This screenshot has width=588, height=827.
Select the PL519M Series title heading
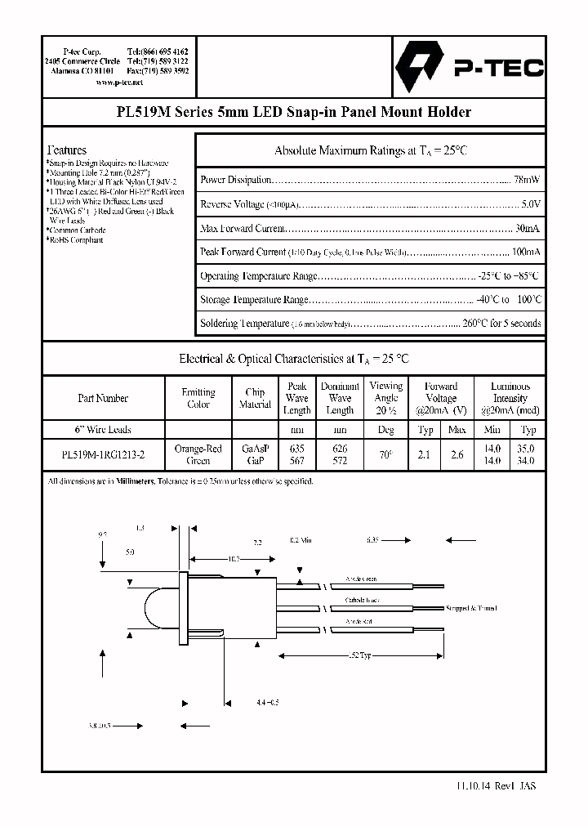[293, 113]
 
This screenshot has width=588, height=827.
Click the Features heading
[67, 150]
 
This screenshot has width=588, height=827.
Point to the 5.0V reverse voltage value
[530, 203]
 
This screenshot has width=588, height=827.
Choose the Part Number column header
[103, 398]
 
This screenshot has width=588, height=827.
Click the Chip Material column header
[255, 398]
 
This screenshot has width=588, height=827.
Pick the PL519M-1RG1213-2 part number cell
[103, 454]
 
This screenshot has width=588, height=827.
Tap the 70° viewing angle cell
[386, 454]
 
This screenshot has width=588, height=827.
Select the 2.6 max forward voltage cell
[457, 454]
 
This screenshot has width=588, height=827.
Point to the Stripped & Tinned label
[471, 608]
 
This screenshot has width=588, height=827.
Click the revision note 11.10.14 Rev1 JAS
[492, 785]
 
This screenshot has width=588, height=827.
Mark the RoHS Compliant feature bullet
[75, 240]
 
